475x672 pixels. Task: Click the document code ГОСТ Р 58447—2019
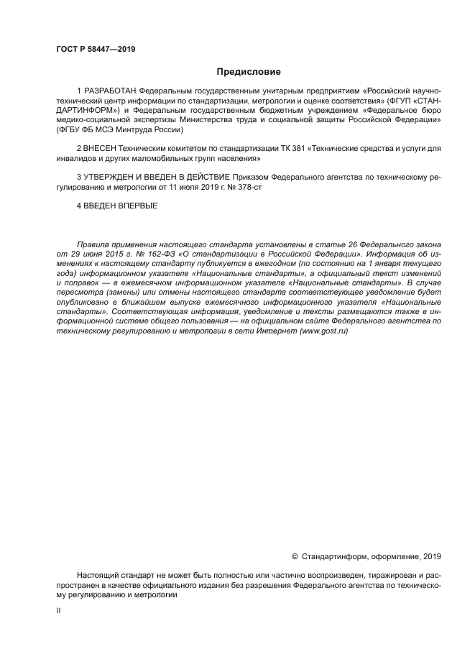point(96,49)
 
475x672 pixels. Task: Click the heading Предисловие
point(249,72)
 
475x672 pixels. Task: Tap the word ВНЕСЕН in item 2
point(100,148)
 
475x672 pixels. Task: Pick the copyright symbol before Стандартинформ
point(295,556)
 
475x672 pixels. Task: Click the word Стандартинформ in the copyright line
point(332,556)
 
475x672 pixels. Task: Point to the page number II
point(58,610)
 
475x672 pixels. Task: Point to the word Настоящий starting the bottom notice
point(98,576)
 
